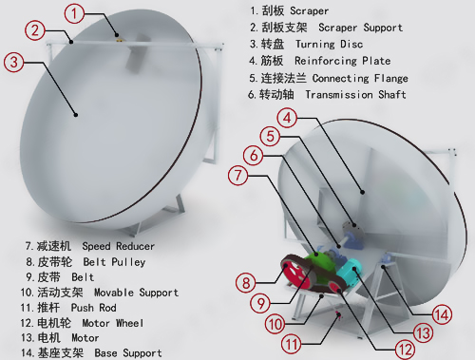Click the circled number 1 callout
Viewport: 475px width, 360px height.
(74, 13)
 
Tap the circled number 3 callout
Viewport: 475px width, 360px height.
(13, 62)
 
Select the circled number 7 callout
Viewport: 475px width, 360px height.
(238, 176)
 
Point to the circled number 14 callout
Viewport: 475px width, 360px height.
(442, 315)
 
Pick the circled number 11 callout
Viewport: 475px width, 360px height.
(292, 344)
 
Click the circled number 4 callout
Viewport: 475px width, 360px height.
(287, 118)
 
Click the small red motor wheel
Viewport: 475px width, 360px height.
(335, 287)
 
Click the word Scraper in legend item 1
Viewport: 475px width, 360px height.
(309, 11)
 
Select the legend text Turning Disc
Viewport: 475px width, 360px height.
(330, 44)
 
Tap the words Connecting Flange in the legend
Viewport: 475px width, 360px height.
(360, 78)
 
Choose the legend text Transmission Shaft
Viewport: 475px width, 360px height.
(355, 95)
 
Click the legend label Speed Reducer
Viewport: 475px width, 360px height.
(119, 246)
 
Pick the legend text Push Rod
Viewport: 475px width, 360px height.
(94, 308)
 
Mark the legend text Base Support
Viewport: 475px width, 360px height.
(128, 353)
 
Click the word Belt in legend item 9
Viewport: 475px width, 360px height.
(83, 277)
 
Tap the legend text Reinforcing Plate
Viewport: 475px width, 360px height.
(343, 61)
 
